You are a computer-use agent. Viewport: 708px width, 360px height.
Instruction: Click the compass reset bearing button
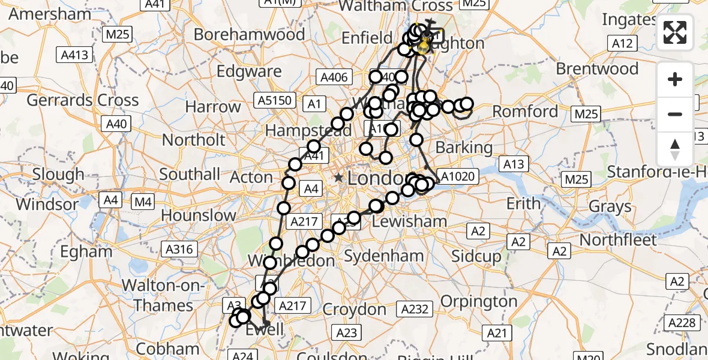pos(675,149)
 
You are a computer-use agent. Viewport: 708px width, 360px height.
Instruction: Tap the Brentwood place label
pos(597,68)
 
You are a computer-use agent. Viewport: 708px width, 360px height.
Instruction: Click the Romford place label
pos(526,112)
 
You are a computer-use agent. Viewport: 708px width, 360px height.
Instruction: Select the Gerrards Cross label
pos(83,100)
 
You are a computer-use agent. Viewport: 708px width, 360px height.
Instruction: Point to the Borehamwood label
pos(249,34)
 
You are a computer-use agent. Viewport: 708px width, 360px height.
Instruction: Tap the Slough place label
pos(58,175)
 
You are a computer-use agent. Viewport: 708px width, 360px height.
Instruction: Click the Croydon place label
pos(354,310)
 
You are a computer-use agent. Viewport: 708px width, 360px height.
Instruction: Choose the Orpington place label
pos(479,300)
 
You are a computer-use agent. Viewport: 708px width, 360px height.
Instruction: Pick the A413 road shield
pos(75,55)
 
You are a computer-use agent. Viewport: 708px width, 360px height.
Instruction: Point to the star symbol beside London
pos(339,178)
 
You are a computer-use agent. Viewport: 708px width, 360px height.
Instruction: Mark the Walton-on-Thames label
pos(163,294)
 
